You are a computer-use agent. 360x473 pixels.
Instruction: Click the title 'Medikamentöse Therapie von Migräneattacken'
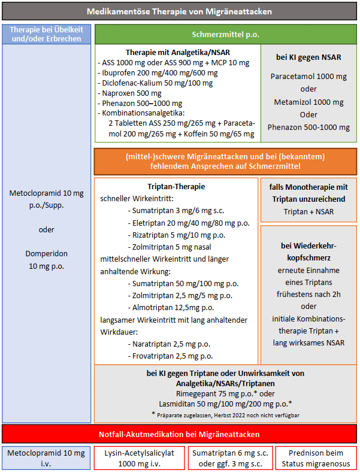[179, 11]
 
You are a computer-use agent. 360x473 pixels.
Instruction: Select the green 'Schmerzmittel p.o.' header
[225, 34]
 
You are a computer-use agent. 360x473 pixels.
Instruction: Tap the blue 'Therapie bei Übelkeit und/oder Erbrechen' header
[47, 34]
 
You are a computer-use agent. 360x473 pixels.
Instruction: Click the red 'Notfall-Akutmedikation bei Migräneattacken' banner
[179, 433]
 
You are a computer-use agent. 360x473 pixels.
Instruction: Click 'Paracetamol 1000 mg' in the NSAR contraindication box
[308, 77]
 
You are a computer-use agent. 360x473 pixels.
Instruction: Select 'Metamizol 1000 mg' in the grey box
[308, 102]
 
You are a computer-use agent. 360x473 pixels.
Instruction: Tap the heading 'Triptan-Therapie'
[176, 187]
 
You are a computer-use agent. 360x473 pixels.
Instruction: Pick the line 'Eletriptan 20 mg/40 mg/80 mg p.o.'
[189, 223]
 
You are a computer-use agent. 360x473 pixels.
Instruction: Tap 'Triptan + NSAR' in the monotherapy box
[308, 211]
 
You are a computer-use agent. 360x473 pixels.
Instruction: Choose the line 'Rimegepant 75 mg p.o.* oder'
[225, 393]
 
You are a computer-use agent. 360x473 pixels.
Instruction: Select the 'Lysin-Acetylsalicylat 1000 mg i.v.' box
[139, 458]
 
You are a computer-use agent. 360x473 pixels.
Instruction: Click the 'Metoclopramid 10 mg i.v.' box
[46, 458]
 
